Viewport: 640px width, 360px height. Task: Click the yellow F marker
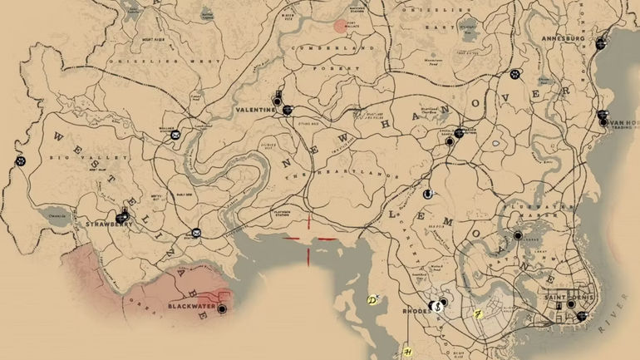(478, 314)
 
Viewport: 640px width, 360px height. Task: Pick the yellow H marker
(406, 353)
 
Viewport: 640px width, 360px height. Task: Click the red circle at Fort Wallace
(338, 26)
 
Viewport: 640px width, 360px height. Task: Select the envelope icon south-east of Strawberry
(195, 234)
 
